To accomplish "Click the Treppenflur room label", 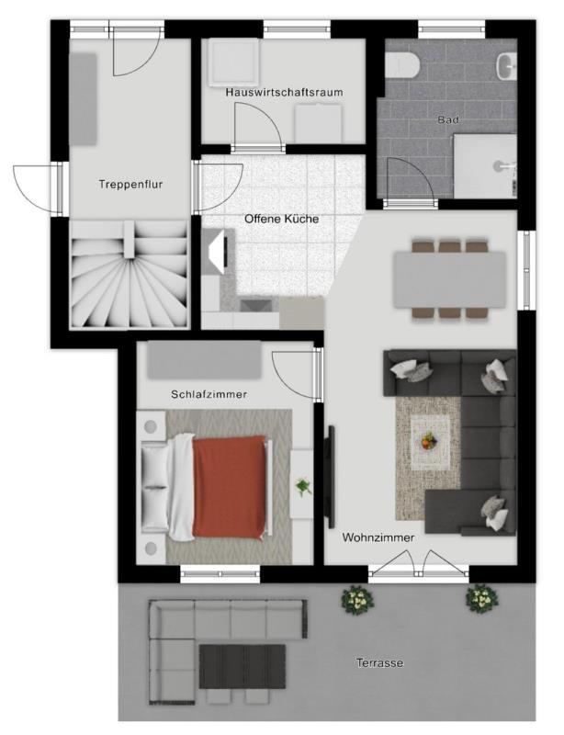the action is pos(130,185).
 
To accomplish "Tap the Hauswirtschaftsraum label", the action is pos(284,93).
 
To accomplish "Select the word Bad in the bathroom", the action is pos(448,119).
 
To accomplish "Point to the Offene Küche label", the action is pos(282,219).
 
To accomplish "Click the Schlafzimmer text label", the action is pos(209,394).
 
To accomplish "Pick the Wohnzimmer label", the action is pos(378,537).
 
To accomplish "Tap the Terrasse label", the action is pos(379,662).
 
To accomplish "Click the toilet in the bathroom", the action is pos(401,64).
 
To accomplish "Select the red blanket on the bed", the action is pos(230,487).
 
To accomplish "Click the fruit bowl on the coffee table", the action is pos(428,442).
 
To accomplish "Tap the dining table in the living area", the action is pos(449,280).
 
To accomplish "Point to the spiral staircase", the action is pos(130,275).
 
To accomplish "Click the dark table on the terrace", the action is pos(243,666).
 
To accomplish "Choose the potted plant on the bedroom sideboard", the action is pos(303,487).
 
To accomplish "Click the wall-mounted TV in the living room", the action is pos(331,476).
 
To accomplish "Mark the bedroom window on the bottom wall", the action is pos(220,573).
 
